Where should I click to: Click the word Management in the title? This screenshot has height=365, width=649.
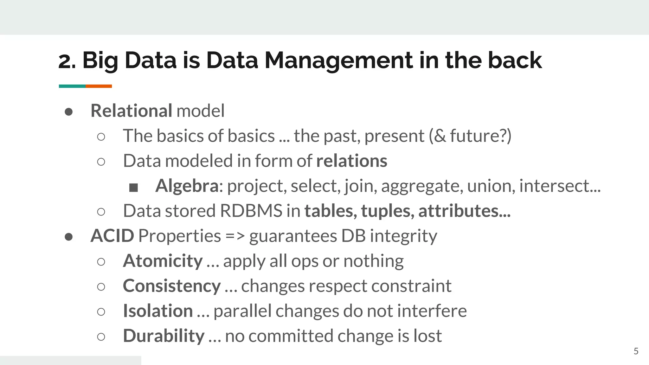pos(338,60)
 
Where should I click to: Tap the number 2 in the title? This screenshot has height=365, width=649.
pos(65,61)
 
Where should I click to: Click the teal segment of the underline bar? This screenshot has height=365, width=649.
pos(72,86)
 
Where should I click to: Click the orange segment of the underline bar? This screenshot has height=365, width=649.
pos(99,86)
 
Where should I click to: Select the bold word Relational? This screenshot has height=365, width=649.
pos(131,111)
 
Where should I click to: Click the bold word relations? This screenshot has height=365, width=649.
pos(352,161)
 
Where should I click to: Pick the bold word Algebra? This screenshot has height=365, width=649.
pos(187,186)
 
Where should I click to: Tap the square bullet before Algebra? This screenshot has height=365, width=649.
pos(133,188)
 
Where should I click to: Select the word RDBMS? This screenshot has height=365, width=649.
pos(251,211)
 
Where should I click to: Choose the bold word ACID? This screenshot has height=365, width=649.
pos(112,236)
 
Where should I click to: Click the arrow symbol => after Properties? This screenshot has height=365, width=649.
pos(235,236)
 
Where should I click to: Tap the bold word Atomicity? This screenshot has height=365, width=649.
pos(163,261)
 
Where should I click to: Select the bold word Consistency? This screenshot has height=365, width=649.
pos(172,286)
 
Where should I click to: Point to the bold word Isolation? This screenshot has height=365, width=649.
pos(158,311)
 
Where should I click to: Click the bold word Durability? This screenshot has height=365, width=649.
pos(164,336)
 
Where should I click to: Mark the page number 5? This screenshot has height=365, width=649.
pos(636,351)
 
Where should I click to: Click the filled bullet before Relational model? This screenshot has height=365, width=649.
pos(69,112)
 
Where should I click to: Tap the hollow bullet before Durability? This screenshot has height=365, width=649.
pos(101,337)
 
